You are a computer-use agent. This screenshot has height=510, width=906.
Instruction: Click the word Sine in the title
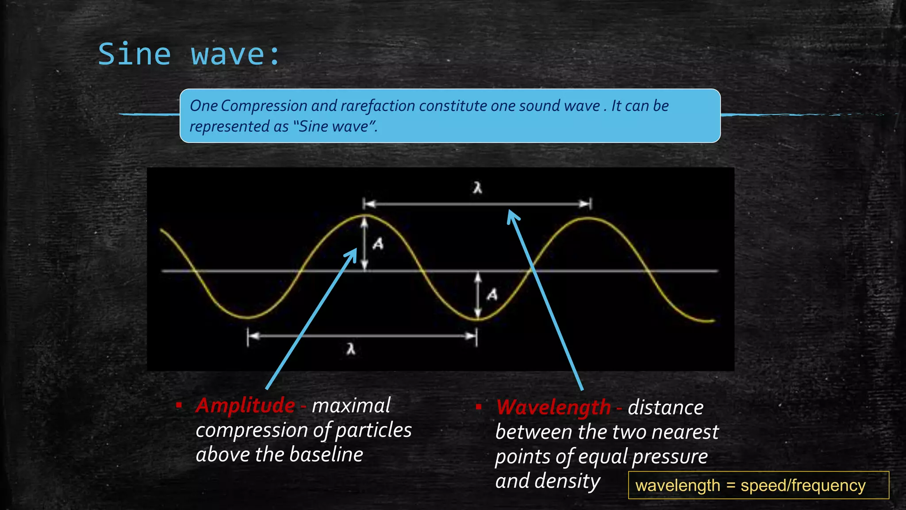point(134,54)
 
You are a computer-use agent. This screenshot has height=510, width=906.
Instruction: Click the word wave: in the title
point(235,54)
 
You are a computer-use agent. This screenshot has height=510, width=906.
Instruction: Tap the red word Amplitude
point(246,406)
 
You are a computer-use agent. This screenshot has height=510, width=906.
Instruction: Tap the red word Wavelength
point(553,407)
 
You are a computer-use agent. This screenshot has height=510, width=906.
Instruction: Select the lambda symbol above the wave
point(477,188)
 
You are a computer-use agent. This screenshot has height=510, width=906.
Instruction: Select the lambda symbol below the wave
point(351,349)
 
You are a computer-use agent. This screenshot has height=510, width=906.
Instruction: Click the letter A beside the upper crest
point(378,243)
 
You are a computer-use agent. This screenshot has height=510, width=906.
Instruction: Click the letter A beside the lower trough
point(492,294)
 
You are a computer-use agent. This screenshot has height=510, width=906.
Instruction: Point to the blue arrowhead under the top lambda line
point(512,216)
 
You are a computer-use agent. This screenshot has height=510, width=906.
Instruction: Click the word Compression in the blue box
point(264,106)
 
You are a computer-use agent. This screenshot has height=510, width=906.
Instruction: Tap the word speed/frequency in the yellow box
point(803,485)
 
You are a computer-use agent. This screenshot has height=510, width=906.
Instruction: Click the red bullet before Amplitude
point(179,405)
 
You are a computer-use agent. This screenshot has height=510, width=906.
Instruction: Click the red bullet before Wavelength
point(479,406)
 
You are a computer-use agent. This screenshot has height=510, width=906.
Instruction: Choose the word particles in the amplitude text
point(373,430)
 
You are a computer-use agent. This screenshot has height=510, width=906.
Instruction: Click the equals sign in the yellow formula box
point(730,485)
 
